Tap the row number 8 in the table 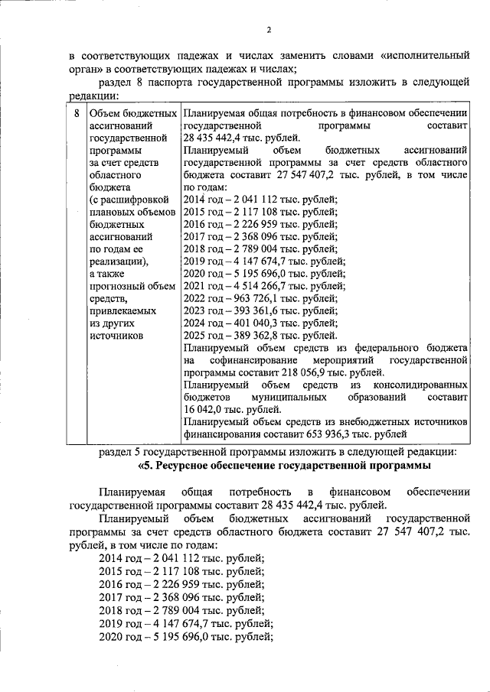(75, 113)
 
